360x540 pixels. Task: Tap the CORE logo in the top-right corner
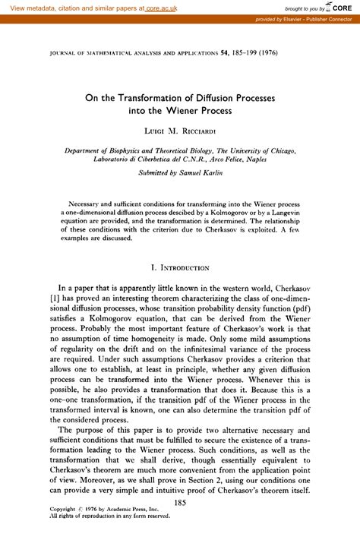coord(341,7)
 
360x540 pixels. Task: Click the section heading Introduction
coord(185,268)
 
